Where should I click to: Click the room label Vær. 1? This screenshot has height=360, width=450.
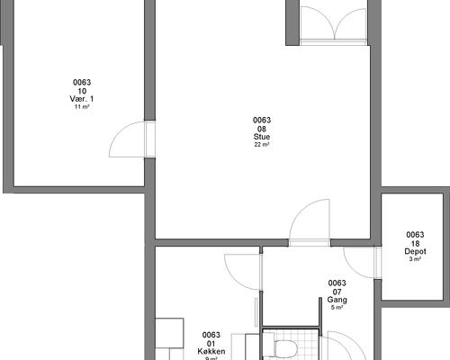(82, 99)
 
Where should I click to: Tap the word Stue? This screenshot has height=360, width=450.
(262, 137)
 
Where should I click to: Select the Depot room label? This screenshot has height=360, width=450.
(415, 251)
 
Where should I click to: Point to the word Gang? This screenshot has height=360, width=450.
(337, 300)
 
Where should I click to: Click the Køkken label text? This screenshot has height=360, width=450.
(211, 351)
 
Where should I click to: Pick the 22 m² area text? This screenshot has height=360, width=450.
(262, 145)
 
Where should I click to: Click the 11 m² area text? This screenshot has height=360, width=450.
(82, 107)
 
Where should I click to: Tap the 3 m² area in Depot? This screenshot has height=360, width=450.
(415, 259)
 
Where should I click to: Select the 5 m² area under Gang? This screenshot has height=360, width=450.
(337, 308)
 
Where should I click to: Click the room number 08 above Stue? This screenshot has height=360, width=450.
(262, 129)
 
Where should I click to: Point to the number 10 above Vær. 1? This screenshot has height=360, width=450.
(82, 91)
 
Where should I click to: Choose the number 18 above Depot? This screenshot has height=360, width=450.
(415, 243)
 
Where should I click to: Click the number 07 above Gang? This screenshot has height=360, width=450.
(337, 292)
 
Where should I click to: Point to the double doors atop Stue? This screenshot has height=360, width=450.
(334, 25)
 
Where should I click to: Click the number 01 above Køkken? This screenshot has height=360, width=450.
(211, 343)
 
